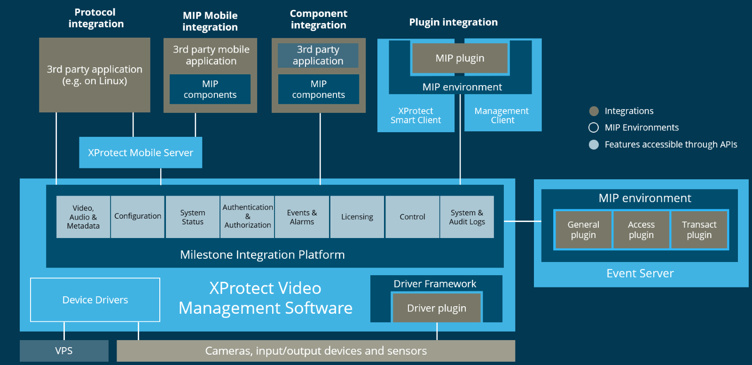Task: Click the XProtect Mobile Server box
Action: click(141, 152)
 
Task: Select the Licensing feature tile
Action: click(357, 217)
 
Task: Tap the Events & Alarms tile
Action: click(302, 217)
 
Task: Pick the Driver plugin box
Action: click(437, 308)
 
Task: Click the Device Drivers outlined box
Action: click(95, 300)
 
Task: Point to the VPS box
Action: click(64, 351)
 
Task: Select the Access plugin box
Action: click(641, 230)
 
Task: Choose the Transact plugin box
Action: click(699, 230)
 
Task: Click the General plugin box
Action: click(583, 230)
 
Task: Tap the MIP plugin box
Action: click(460, 58)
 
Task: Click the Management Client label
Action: click(502, 115)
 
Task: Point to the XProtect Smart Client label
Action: click(415, 115)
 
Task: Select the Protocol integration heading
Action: click(95, 18)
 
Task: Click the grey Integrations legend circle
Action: click(594, 111)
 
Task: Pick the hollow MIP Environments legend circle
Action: click(594, 127)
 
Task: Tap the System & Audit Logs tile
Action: click(467, 217)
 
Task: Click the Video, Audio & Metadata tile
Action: click(83, 217)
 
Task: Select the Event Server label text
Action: click(640, 273)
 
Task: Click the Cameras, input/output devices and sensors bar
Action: click(316, 351)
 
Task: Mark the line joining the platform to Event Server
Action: click(523, 221)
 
